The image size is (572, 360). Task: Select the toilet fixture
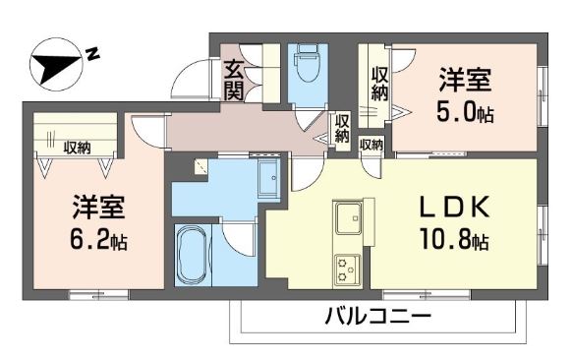306,67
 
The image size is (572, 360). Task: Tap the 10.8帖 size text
455,239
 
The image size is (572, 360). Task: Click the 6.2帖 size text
98,239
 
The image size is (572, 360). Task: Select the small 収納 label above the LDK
372,145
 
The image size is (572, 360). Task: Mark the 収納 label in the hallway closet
342,129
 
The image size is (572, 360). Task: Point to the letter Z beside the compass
92,53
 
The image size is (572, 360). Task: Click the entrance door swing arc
189,79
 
